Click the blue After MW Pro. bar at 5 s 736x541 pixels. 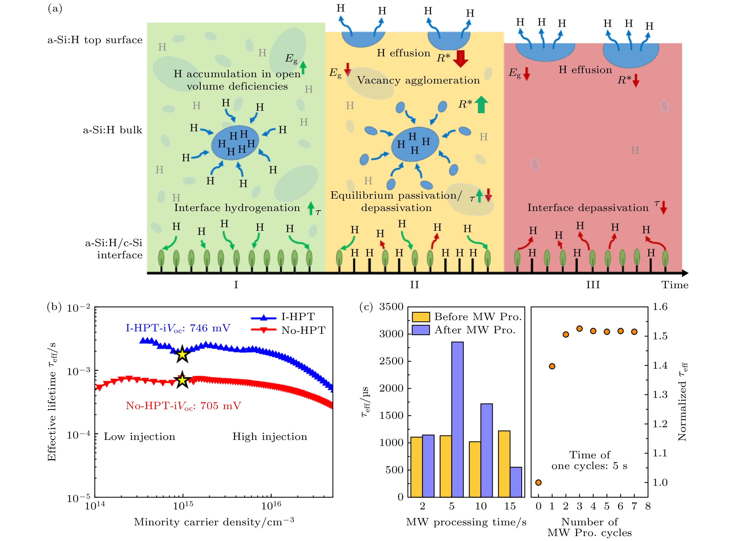457,419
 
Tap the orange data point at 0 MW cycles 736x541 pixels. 538,482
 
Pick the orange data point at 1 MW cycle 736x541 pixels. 552,366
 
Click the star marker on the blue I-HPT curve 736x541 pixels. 182,354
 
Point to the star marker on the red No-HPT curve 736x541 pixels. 182,380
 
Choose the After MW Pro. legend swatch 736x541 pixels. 420,330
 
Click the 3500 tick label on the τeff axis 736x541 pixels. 391,307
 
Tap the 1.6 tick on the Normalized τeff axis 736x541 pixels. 660,307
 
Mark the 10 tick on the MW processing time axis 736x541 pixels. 481,506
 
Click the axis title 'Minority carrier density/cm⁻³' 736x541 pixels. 214,522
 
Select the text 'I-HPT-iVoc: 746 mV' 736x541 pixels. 178,328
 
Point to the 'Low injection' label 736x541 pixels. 140,437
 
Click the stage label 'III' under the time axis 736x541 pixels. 593,285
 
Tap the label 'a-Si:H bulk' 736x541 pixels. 112,130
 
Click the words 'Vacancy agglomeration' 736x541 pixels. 418,80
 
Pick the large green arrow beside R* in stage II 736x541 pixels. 481,104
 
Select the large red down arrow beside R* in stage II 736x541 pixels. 461,58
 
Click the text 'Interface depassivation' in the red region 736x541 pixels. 588,208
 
